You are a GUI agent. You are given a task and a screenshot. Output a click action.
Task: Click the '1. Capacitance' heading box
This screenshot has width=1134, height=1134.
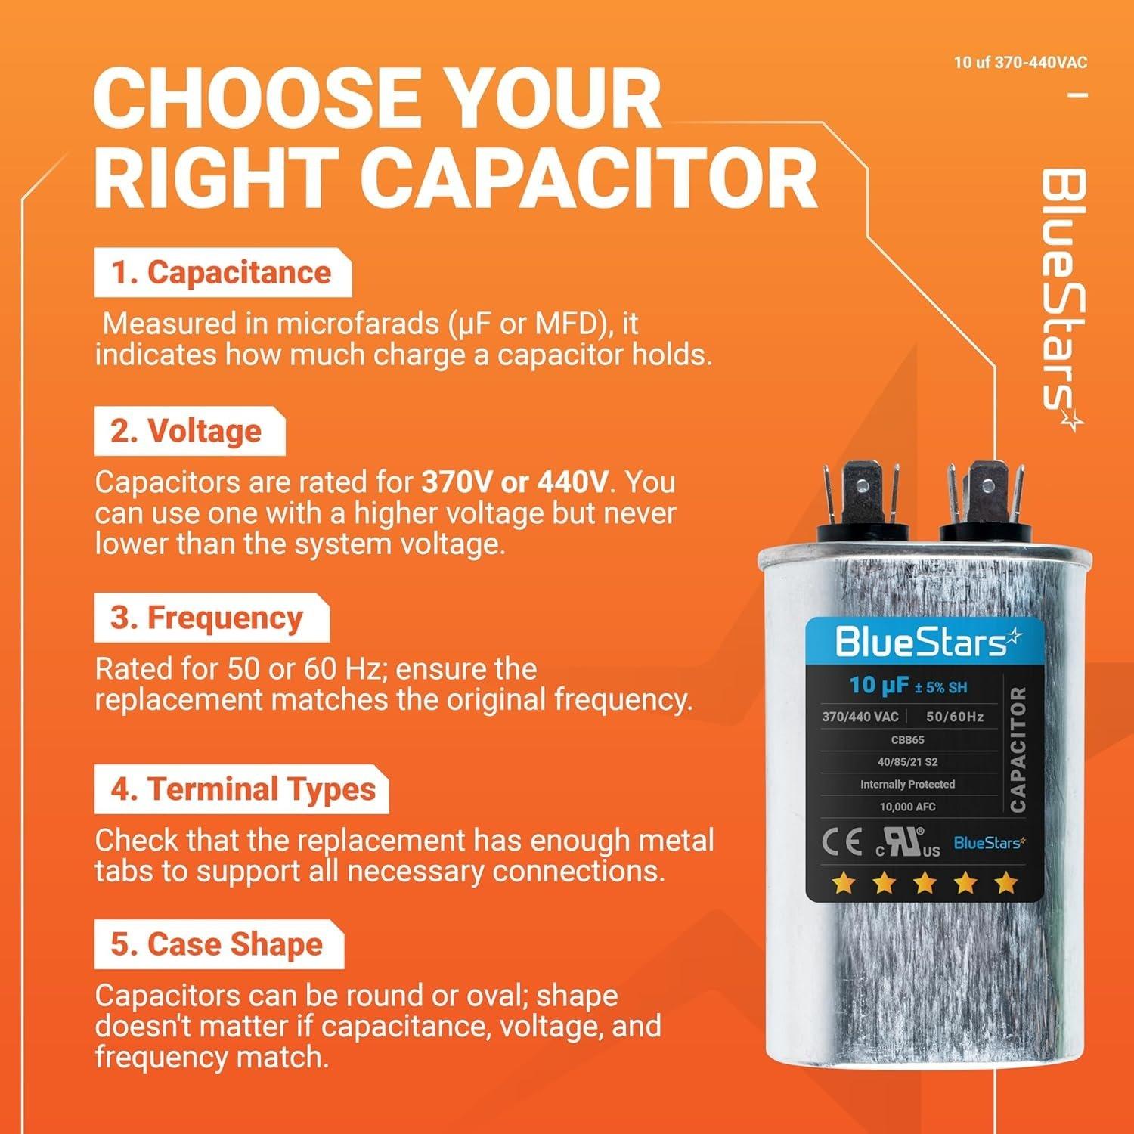(222, 273)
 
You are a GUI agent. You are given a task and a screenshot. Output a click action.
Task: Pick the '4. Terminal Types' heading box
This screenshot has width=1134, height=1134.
(242, 789)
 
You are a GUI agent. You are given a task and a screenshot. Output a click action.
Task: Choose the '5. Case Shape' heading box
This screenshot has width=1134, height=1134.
(217, 945)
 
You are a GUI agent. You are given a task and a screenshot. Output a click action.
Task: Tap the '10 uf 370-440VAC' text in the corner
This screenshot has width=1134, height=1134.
(1020, 63)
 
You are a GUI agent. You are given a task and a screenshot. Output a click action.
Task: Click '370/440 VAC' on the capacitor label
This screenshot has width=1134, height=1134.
(860, 716)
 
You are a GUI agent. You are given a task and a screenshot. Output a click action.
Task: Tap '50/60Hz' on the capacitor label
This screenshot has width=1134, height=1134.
(954, 716)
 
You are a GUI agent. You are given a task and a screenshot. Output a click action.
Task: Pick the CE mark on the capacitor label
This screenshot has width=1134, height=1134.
(842, 844)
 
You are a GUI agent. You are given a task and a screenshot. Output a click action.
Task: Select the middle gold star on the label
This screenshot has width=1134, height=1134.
(924, 882)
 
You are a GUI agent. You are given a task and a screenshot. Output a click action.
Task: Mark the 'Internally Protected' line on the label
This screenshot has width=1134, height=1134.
(907, 784)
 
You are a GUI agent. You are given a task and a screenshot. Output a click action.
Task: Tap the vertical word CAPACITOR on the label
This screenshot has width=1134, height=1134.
(1018, 748)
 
